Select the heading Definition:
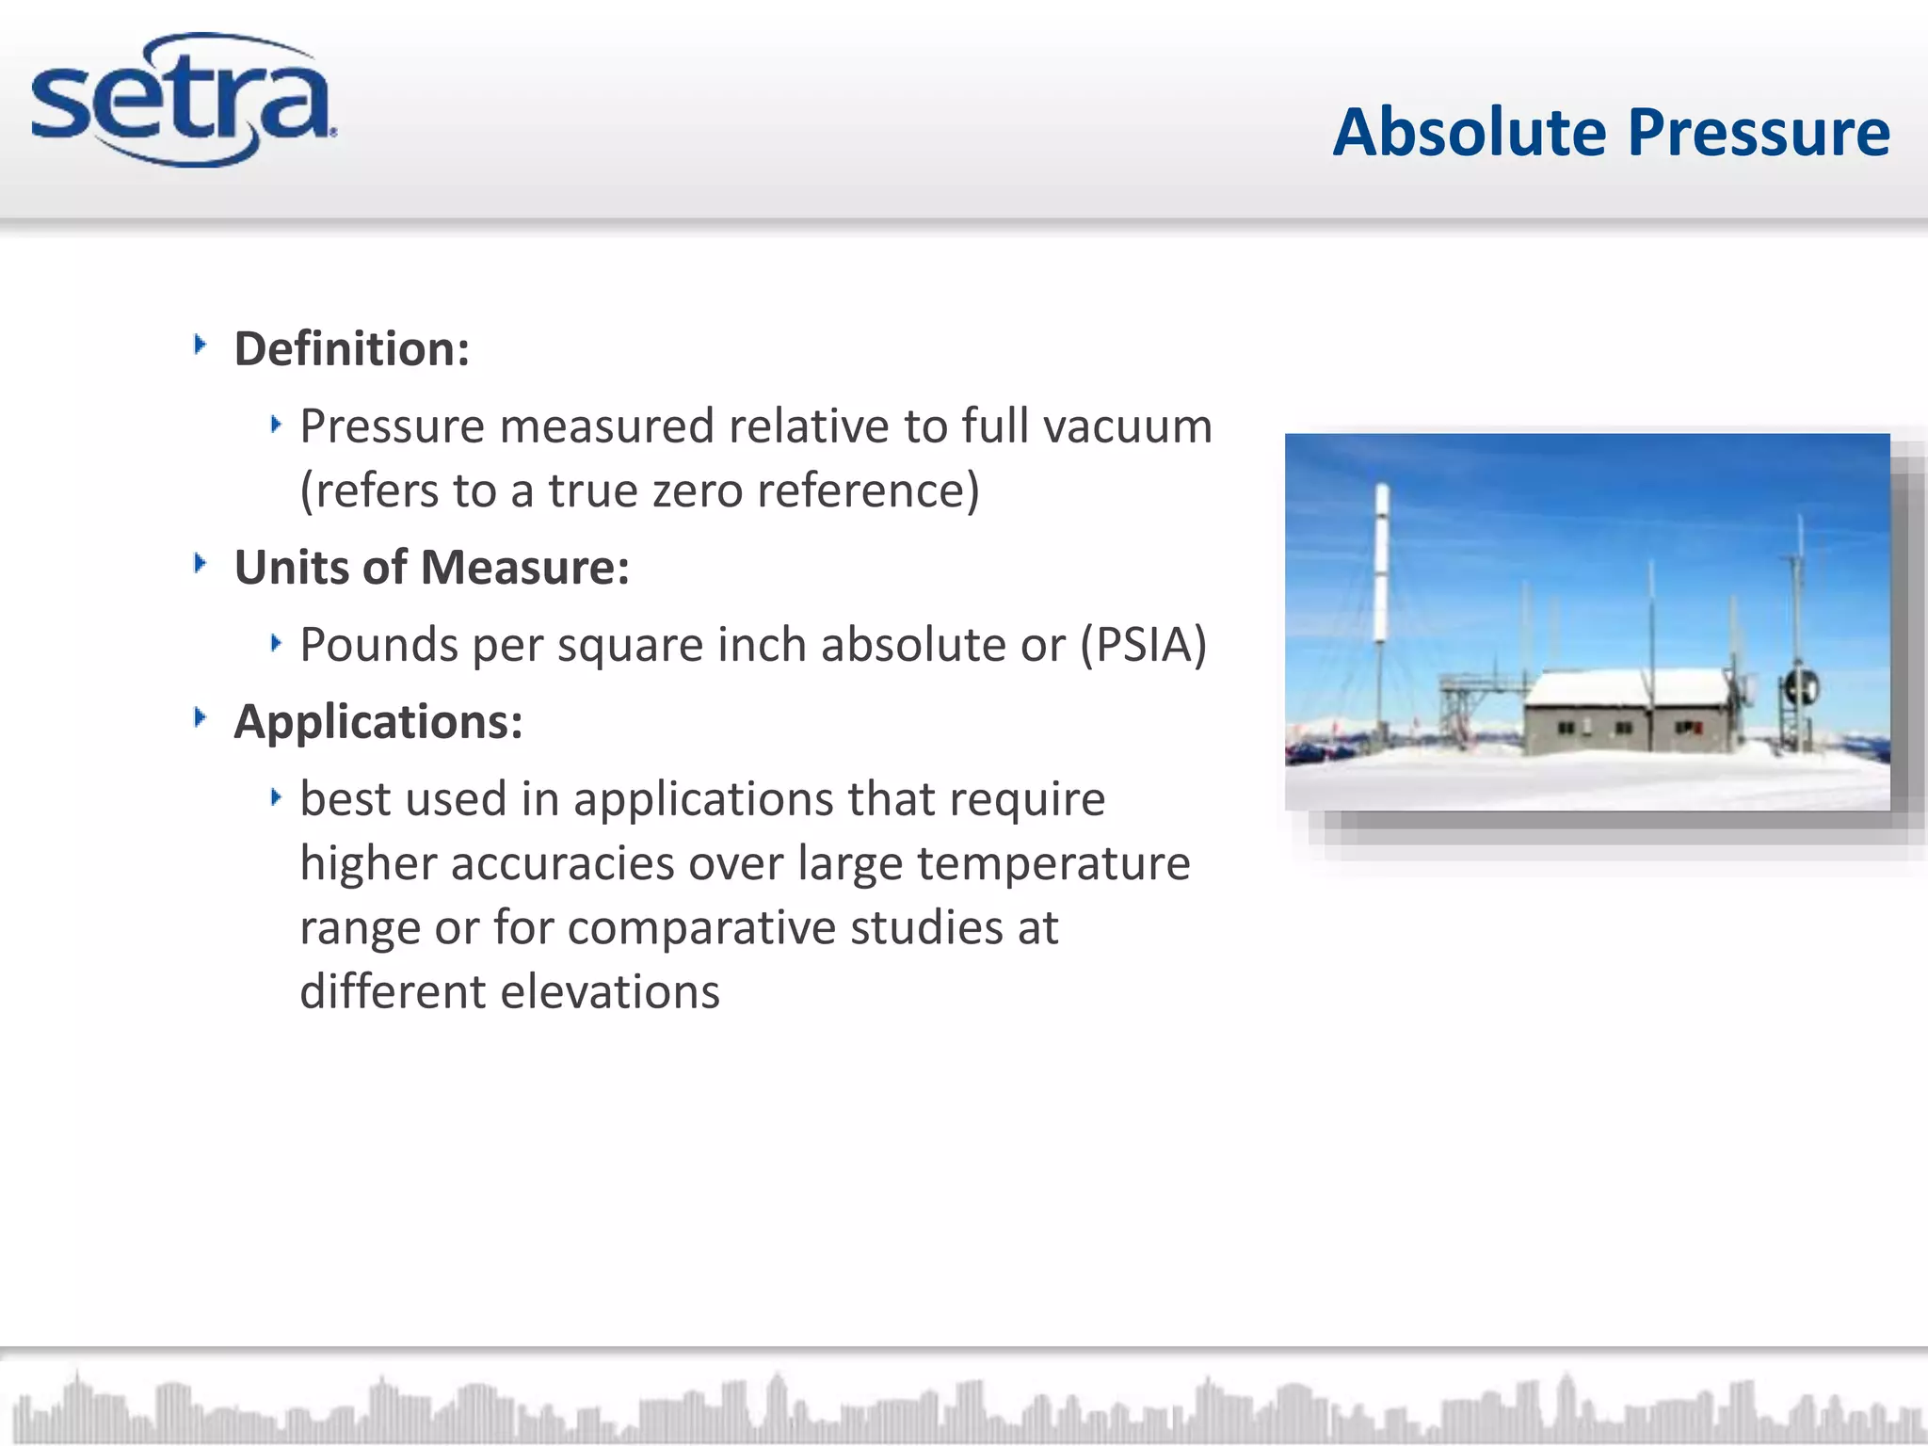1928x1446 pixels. [351, 349]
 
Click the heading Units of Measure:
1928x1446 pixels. [431, 568]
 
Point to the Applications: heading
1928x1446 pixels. [378, 722]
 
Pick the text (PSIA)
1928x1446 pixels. [1143, 645]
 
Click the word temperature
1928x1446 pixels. [1053, 863]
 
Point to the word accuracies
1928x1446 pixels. [562, 863]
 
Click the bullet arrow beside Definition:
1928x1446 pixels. [200, 345]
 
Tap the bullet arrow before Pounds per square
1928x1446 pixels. [276, 643]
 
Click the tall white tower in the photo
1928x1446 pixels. [1381, 565]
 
